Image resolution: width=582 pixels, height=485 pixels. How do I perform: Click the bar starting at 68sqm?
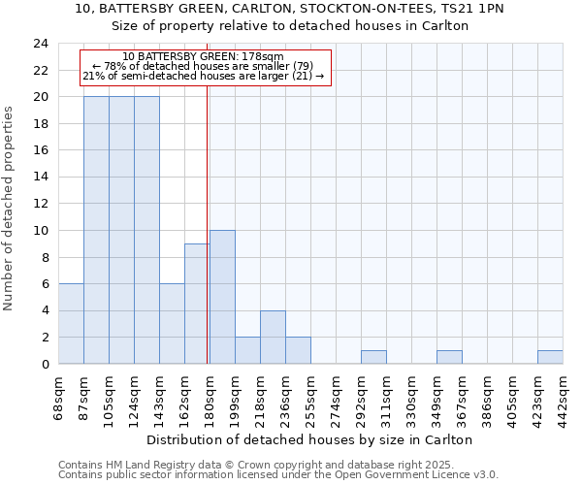(x=71, y=324)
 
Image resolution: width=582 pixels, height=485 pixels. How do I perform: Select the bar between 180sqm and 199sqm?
(x=222, y=297)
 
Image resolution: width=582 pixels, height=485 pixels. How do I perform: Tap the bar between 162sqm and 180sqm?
(x=197, y=304)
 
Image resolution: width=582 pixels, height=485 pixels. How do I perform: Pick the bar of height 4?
(x=273, y=338)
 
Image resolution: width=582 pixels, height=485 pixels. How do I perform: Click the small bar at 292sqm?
(x=373, y=357)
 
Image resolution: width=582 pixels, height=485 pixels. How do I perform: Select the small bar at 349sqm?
(x=449, y=357)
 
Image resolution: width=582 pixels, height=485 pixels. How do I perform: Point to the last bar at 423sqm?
(x=550, y=357)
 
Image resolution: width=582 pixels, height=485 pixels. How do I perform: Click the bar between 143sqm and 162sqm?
(x=172, y=324)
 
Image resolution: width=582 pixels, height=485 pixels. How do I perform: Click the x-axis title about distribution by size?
(x=309, y=439)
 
